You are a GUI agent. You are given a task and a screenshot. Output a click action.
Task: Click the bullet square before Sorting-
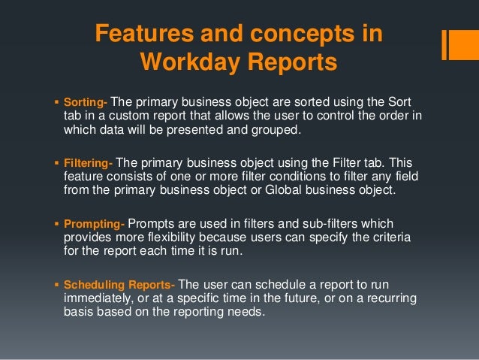58,101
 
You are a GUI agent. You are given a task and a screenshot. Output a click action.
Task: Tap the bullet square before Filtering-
58,161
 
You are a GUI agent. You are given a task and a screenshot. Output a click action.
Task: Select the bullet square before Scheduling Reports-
58,285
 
